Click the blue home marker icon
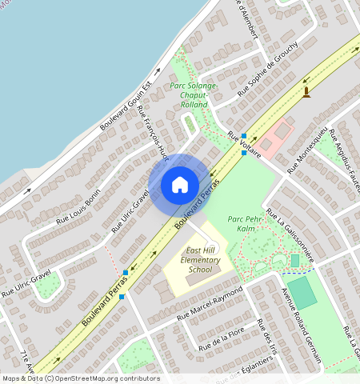coord(180,185)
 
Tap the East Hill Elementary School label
coord(189,260)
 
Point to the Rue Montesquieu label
coord(306,150)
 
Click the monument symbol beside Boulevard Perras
coord(306,94)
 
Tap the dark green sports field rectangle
coord(302,293)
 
